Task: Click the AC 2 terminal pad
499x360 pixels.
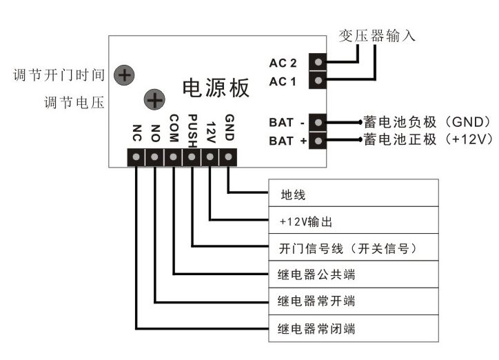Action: (x=318, y=63)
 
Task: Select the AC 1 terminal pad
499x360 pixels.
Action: (x=318, y=81)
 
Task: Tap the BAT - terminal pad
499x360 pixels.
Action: (x=318, y=123)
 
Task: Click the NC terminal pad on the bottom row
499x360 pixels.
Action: (x=136, y=157)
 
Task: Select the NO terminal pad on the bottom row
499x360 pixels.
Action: (x=154, y=157)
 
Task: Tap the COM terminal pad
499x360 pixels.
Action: (x=173, y=157)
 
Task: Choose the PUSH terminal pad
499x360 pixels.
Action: (x=192, y=157)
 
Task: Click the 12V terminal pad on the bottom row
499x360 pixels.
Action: (x=210, y=157)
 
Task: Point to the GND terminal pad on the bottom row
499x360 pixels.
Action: (x=228, y=157)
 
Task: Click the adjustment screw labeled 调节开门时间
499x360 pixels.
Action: (x=124, y=74)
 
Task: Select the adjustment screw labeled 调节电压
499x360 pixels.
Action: (x=154, y=101)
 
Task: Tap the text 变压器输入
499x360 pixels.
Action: (x=377, y=36)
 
